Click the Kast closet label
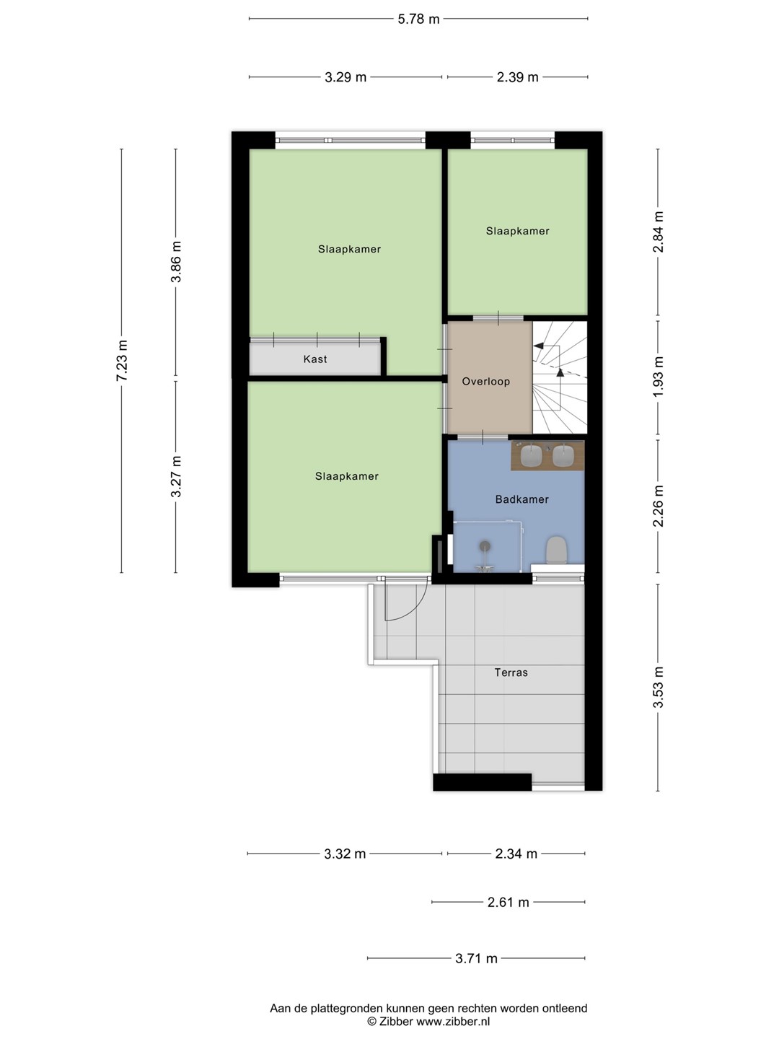coord(315,359)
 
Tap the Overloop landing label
coord(485,382)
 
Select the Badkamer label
coord(521,499)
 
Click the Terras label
coord(511,672)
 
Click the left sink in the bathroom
coord(531,455)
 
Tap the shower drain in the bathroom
coord(485,545)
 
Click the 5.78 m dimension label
coord(418,19)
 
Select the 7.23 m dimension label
coord(122,361)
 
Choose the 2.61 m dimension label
coord(508,902)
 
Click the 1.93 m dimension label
coord(659,377)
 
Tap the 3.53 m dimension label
coord(659,688)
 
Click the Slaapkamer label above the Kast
coord(349,250)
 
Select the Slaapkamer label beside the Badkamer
coord(347,477)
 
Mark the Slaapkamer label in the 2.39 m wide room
coord(517,232)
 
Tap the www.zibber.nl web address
coord(453,1022)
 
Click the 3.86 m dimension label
coord(177,262)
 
